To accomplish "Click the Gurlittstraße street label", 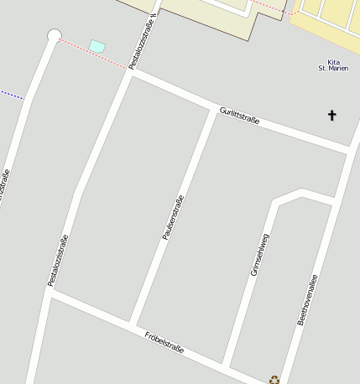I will pos(239,116).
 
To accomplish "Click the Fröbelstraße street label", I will pos(164,341).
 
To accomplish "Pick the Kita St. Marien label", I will pos(333,65).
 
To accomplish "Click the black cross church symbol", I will pos(331,115).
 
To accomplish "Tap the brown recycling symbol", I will pos(274,380).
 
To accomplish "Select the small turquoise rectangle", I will pos(97,45).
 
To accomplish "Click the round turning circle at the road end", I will pos(55,35).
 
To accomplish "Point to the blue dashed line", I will pos(12,95).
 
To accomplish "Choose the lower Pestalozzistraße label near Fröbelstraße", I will pos(58,260).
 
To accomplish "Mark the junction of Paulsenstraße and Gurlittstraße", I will pos(212,109).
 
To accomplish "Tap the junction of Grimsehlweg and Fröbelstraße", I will pos(227,366).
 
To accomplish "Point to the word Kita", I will pos(334,62).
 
